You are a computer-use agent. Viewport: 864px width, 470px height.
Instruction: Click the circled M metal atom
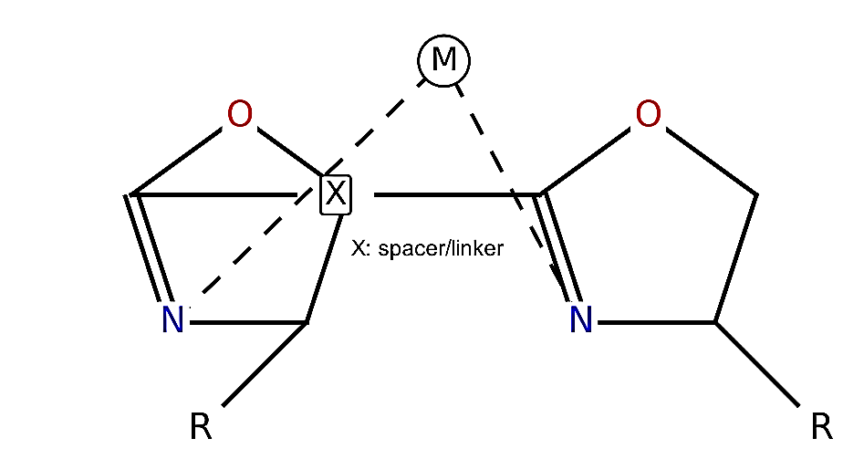(443, 60)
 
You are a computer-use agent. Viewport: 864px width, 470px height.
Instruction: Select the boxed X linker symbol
(336, 194)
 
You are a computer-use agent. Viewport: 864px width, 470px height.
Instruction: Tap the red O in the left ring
(240, 114)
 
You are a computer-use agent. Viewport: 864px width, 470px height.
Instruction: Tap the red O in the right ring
(648, 114)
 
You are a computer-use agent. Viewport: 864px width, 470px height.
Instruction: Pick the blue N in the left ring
(172, 319)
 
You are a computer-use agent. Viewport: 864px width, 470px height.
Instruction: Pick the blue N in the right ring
(581, 319)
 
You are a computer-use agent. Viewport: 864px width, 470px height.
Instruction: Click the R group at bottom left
(201, 426)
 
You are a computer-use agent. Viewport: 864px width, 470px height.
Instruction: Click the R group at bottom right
(821, 426)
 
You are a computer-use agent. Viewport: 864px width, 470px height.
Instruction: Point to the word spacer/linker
(441, 248)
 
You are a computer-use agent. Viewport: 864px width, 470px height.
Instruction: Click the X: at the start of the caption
(361, 248)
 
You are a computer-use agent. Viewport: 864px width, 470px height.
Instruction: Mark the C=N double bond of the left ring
(148, 248)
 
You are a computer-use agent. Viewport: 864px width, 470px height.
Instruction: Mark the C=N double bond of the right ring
(557, 248)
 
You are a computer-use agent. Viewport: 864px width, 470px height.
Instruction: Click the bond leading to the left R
(265, 364)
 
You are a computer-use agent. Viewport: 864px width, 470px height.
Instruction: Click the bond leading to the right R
(757, 364)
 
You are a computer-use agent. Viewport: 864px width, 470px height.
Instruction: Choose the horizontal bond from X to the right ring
(457, 194)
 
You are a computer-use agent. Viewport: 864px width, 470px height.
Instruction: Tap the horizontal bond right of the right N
(657, 322)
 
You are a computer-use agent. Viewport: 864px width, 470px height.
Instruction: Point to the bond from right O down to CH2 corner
(712, 162)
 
